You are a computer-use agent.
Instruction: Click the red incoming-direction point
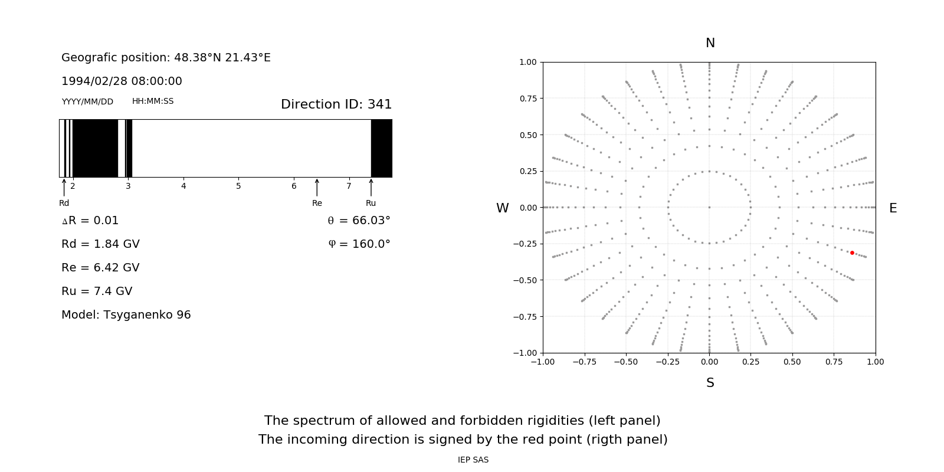(x=852, y=253)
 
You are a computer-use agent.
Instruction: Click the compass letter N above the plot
(x=710, y=43)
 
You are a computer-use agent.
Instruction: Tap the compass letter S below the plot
(x=710, y=383)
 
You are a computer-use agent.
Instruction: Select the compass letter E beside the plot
(x=893, y=208)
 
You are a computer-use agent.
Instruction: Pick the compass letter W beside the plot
(x=503, y=208)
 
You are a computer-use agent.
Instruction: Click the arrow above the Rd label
(x=64, y=187)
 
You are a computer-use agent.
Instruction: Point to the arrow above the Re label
(x=317, y=187)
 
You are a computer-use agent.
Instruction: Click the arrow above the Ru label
(x=371, y=187)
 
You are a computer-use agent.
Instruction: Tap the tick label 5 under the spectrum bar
(x=239, y=186)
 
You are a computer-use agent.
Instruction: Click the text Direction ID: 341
(x=336, y=104)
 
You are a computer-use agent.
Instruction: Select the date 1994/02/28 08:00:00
(x=122, y=81)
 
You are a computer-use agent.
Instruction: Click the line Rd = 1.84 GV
(x=100, y=244)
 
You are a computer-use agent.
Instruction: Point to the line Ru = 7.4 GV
(x=97, y=291)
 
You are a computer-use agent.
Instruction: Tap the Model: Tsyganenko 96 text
(x=126, y=315)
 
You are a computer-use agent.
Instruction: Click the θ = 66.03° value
(x=359, y=221)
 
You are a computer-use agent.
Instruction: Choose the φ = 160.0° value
(x=359, y=244)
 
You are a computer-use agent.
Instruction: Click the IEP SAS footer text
(x=473, y=460)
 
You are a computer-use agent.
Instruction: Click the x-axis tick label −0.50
(x=626, y=362)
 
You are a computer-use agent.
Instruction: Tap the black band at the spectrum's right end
(x=382, y=148)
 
